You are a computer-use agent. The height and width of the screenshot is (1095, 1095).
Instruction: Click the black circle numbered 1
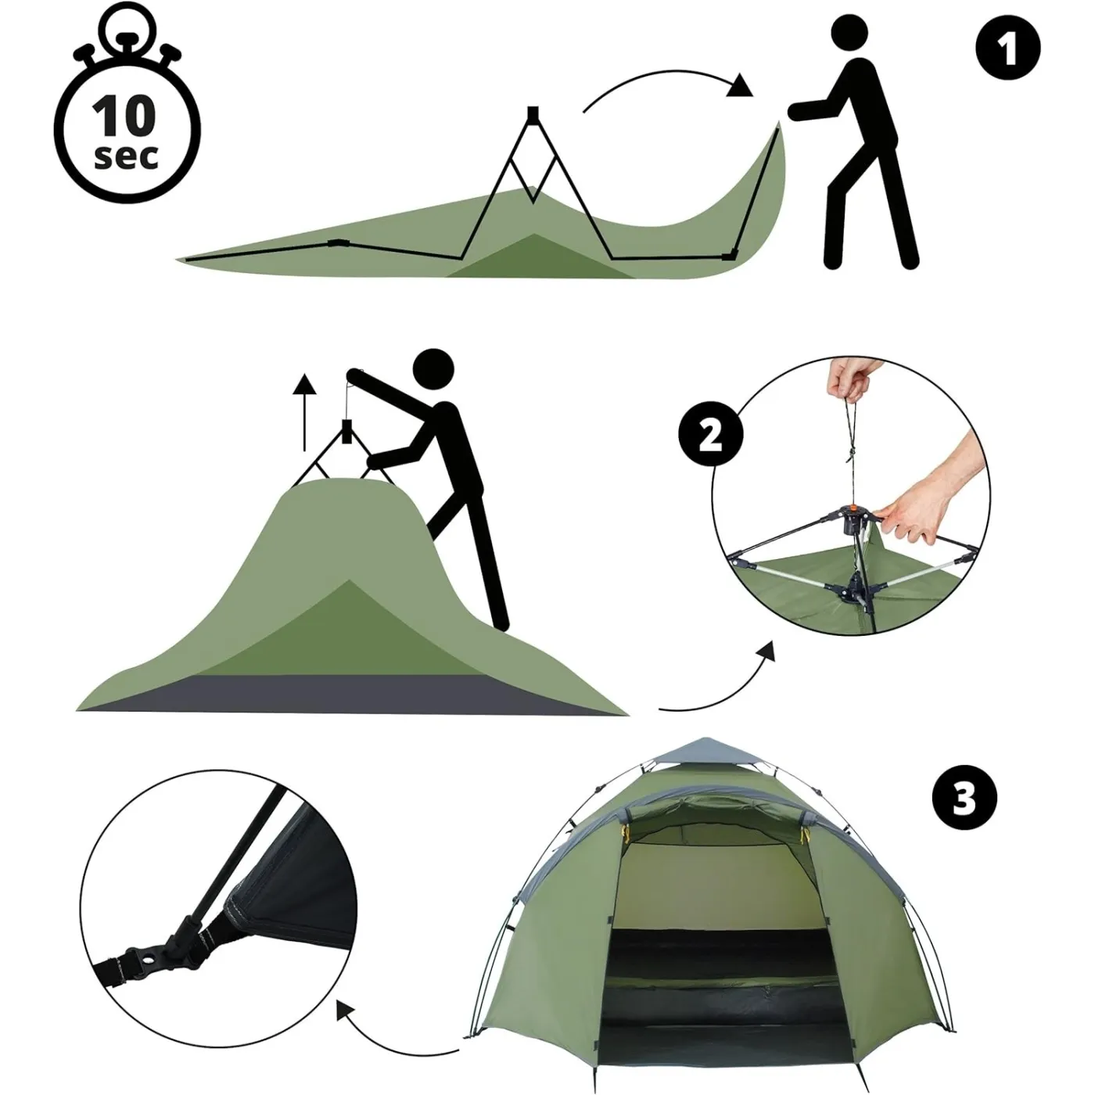tap(1008, 48)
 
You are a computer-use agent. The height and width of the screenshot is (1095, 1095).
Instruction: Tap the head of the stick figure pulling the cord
tap(433, 369)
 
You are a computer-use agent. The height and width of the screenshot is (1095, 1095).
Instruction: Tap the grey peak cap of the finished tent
tap(705, 752)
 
